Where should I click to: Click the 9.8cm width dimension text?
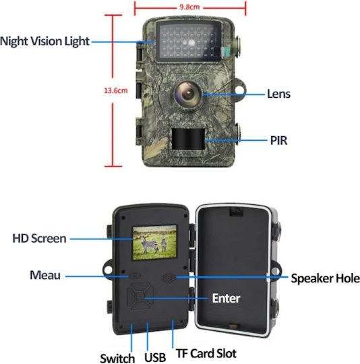point(189,7)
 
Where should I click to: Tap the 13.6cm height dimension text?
point(115,90)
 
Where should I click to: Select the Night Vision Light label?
point(44,41)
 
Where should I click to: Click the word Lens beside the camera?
point(278,94)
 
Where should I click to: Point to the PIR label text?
point(278,141)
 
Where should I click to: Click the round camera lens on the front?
point(188,94)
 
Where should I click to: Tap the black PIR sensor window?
point(188,139)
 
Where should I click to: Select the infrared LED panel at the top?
point(189,41)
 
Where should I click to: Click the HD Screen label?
point(40,239)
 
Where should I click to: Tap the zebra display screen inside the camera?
point(154,243)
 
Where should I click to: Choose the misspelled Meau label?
point(45,275)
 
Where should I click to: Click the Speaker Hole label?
point(326,278)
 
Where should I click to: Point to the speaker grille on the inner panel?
point(169,278)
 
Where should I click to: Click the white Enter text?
point(226,299)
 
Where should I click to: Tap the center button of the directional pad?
point(140,296)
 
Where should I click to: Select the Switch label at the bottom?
point(117,358)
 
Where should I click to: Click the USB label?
point(155,357)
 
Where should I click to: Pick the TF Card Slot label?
point(206,354)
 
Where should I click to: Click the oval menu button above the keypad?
point(135,276)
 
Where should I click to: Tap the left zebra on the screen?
point(149,245)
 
